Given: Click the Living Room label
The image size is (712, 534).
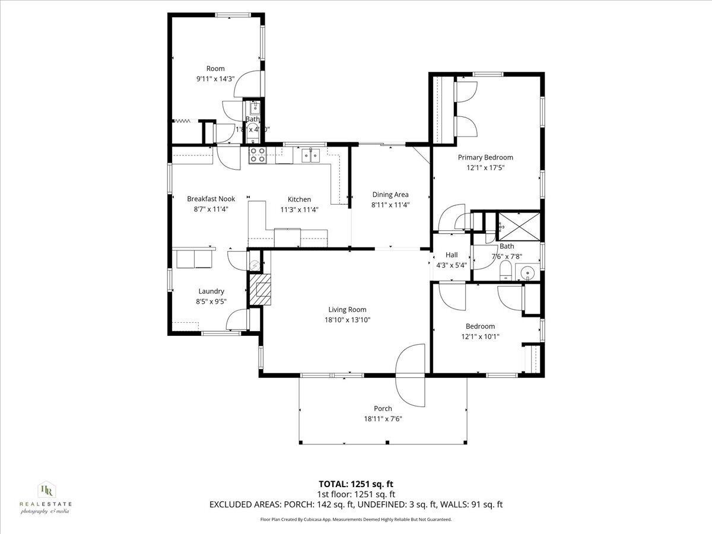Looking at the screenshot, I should click(x=347, y=309).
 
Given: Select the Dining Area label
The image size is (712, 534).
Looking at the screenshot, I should click(x=390, y=195).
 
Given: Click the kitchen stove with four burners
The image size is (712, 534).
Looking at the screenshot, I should click(x=257, y=155).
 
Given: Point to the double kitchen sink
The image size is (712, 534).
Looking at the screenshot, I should click(x=310, y=155).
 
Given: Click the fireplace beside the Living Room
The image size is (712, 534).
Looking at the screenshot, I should click(x=259, y=290).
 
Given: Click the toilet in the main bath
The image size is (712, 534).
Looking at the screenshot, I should click(x=506, y=271).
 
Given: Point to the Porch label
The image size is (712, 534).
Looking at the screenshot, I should click(x=382, y=408).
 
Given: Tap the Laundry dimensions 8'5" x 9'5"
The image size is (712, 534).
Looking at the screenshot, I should click(x=211, y=301).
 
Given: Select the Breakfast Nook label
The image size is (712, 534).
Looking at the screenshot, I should click(x=211, y=199).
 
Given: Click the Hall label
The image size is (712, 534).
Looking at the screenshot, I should click(x=451, y=255).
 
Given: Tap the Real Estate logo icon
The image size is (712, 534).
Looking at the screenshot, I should click(x=46, y=490).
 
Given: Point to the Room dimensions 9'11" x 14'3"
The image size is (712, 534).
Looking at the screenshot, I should click(x=215, y=78).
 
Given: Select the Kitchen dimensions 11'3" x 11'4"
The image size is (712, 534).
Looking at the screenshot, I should click(x=299, y=209).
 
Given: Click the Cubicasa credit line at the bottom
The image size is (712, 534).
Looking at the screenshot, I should click(x=356, y=519).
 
